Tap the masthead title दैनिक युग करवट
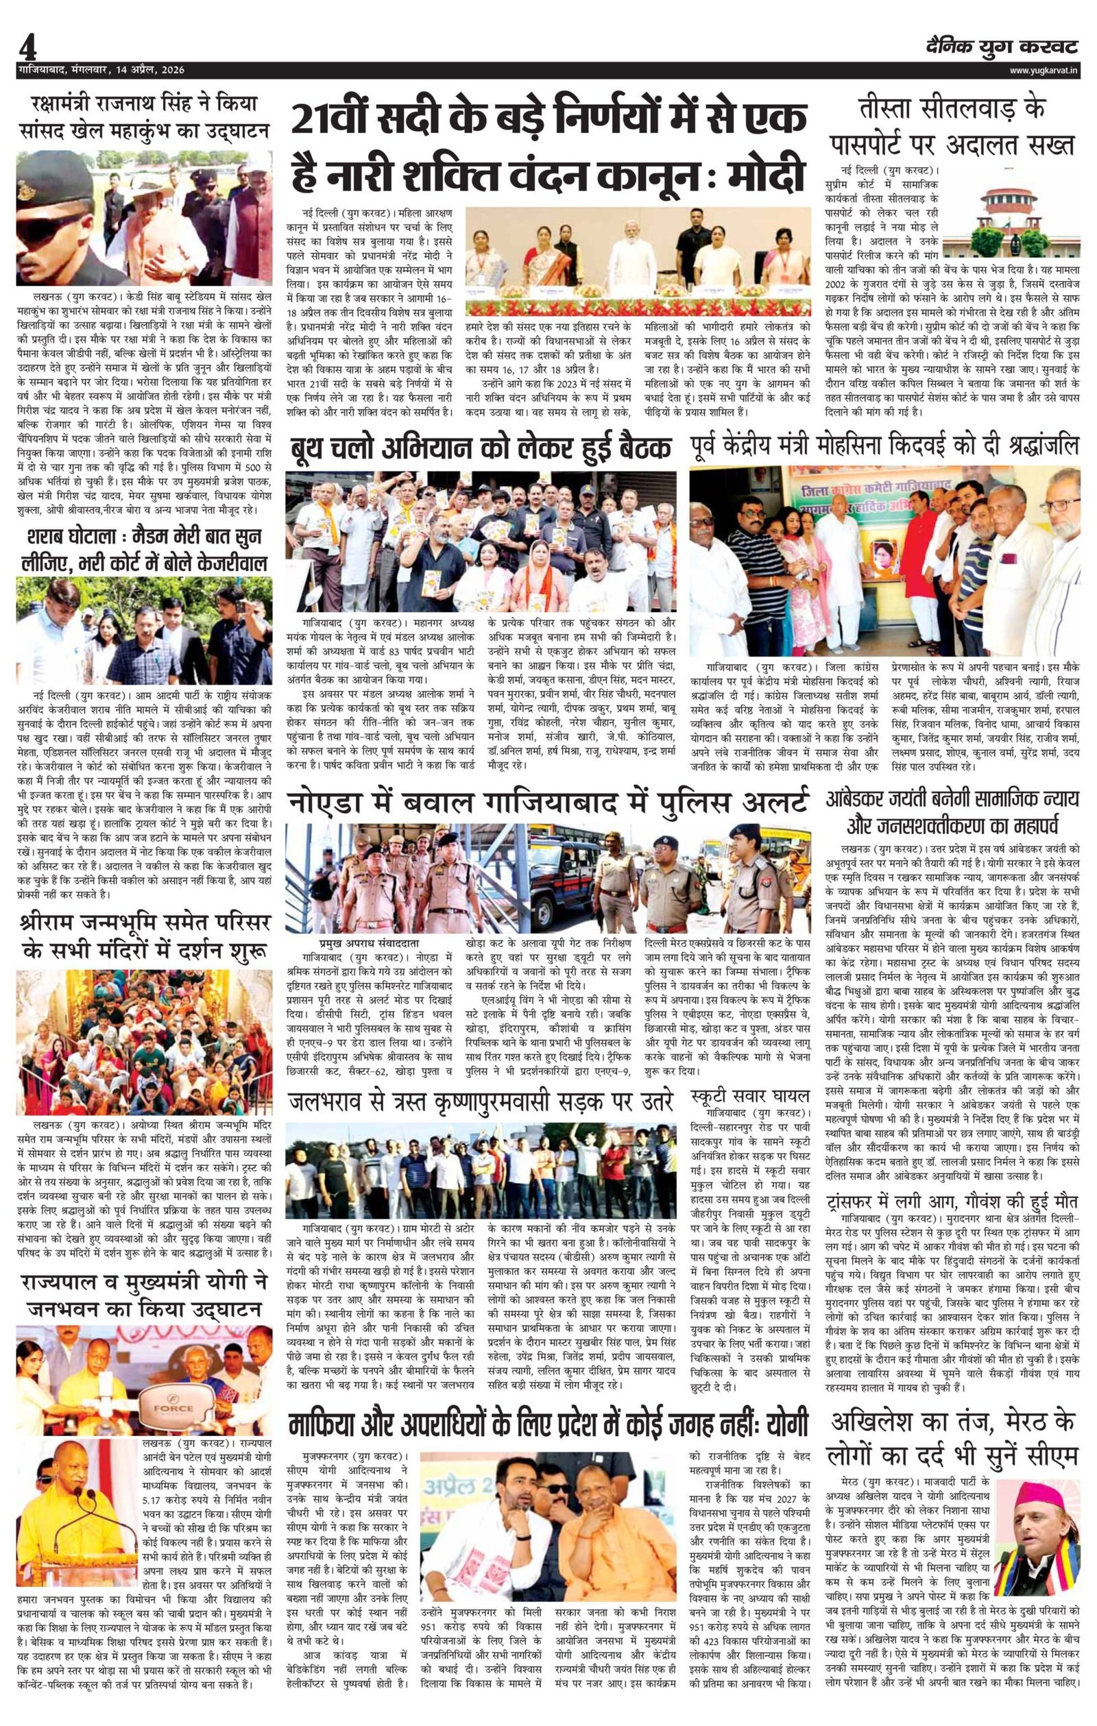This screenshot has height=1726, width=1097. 1001,47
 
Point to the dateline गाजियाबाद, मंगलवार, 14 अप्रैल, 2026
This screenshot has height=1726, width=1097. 101,70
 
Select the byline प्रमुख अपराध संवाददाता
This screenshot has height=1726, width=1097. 365,944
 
